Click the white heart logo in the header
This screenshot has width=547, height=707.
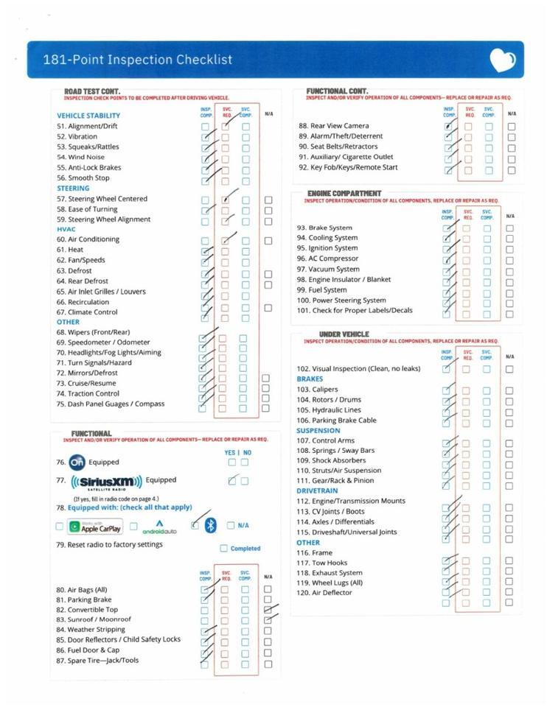point(503,60)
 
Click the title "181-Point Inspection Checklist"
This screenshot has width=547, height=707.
point(138,60)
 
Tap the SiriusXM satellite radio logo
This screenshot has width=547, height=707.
point(106,482)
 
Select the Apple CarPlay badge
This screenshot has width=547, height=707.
point(95,527)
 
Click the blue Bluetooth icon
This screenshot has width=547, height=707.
point(210,525)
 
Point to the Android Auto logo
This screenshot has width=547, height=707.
point(159,527)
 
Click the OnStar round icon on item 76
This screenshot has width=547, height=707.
point(77,462)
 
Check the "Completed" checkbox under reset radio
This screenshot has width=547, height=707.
point(224,548)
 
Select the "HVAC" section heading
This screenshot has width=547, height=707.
point(66,229)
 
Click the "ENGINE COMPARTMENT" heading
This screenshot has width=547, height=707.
point(344,194)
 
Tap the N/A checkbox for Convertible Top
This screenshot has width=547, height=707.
point(268,610)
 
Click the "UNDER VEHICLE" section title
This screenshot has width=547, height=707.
point(344,334)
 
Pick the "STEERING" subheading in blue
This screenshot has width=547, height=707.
point(73,189)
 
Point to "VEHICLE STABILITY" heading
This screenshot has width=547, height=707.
point(88,116)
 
